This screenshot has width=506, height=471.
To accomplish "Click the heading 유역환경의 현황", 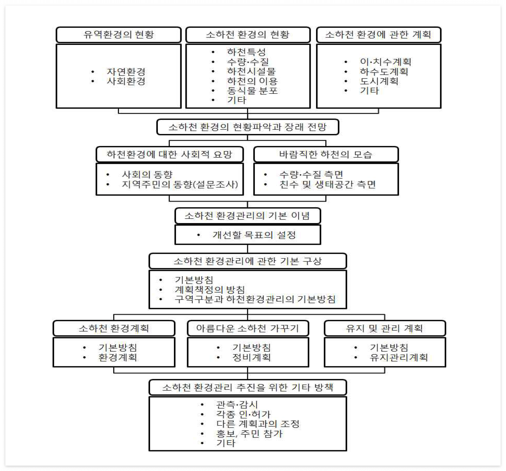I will click(x=119, y=35).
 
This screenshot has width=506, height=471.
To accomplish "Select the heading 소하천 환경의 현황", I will click(x=248, y=35).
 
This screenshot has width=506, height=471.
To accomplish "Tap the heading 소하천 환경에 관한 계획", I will click(x=378, y=35).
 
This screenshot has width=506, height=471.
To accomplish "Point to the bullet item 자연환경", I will click(x=126, y=72).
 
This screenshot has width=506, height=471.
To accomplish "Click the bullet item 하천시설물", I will click(x=251, y=71).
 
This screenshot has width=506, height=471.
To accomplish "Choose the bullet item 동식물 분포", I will click(x=252, y=90).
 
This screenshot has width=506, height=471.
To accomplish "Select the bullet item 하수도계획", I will click(x=384, y=72).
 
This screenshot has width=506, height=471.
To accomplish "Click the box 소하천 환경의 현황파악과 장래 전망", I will click(x=248, y=127).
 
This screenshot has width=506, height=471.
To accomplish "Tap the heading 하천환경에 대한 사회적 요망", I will click(x=170, y=154).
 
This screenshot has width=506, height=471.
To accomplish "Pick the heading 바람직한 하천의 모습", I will click(x=326, y=154).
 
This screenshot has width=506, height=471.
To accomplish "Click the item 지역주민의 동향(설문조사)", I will click(x=180, y=184).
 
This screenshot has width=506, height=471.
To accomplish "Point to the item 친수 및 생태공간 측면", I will click(x=327, y=184).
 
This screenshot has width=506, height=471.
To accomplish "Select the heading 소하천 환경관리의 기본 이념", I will click(x=248, y=216).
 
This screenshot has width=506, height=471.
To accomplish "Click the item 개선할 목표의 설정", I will click(x=254, y=235).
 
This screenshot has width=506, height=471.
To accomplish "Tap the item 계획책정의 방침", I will click(x=210, y=289).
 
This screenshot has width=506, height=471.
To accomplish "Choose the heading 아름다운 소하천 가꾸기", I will click(x=248, y=328).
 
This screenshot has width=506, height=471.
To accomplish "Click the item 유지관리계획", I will click(x=399, y=357).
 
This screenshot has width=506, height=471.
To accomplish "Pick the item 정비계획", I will click(x=251, y=357).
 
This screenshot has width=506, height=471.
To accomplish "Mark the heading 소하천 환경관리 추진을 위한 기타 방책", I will click(x=248, y=387).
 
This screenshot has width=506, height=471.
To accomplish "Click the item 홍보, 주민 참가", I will click(x=249, y=434).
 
